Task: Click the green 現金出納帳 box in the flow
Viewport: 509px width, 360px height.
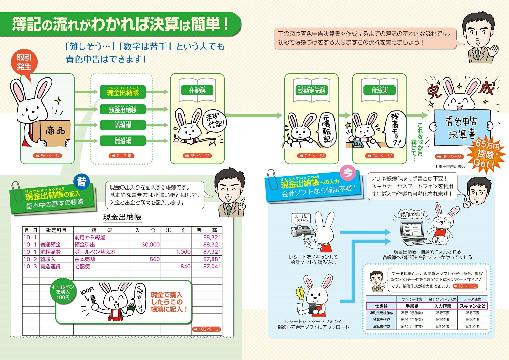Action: [x=123, y=92]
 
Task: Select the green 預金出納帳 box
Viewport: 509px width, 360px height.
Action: [x=123, y=109]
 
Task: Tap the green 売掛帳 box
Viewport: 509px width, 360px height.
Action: [x=123, y=125]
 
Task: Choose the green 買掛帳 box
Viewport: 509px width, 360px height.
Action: [x=123, y=141]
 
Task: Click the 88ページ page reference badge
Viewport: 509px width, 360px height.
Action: [x=197, y=156]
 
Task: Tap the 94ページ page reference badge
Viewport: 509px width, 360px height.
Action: [x=380, y=156]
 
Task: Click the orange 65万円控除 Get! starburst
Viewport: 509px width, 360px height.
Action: [x=486, y=155]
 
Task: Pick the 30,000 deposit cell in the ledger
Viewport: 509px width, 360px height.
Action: [x=150, y=245]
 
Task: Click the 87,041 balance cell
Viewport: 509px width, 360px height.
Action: [x=212, y=267]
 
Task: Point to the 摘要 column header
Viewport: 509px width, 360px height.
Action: [x=102, y=230]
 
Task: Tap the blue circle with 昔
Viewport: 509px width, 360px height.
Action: [x=81, y=182]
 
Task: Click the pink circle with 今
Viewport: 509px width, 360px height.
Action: [x=348, y=173]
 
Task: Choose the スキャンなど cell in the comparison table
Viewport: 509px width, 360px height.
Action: [x=472, y=306]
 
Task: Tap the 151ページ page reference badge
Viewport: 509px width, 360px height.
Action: [x=465, y=286]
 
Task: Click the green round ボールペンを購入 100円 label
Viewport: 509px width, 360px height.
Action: [x=63, y=292]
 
